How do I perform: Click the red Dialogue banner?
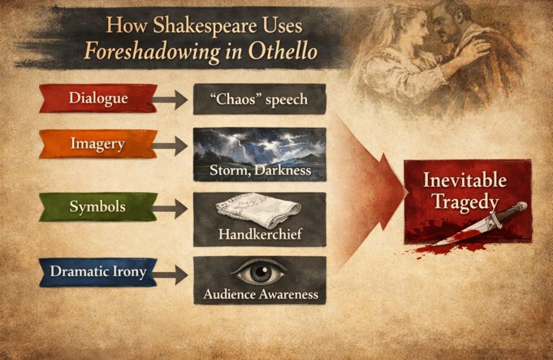[x=98, y=98]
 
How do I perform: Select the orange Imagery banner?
[x=98, y=144]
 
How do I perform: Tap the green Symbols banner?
[x=98, y=207]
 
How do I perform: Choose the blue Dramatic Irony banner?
[x=98, y=271]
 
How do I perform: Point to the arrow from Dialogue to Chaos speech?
[x=172, y=100]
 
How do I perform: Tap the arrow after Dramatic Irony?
[x=172, y=274]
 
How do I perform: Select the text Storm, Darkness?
[x=260, y=171]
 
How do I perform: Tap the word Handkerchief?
[x=260, y=234]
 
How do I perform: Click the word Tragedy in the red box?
[x=468, y=202]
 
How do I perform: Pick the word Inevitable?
[x=464, y=180]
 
